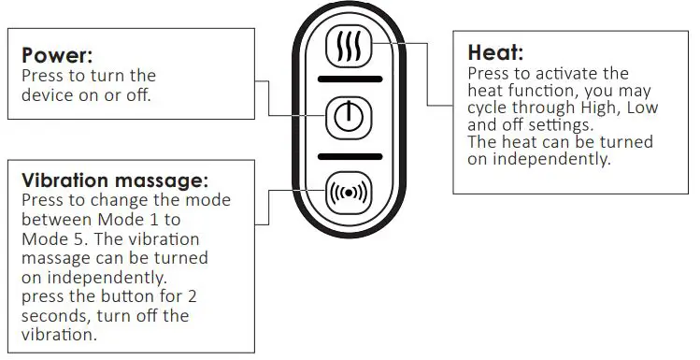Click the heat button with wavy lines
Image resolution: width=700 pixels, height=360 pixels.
pyautogui.click(x=350, y=47)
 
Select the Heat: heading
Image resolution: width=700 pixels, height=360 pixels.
pyautogui.click(x=495, y=53)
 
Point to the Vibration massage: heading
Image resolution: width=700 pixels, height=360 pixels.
pyautogui.click(x=115, y=180)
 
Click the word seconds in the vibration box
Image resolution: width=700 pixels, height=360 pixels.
pyautogui.click(x=51, y=316)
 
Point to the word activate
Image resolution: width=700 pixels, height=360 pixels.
pyautogui.click(x=571, y=74)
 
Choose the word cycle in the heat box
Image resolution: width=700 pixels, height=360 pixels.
pyautogui.click(x=487, y=108)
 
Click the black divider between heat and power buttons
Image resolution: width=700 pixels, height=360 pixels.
pyautogui.click(x=350, y=80)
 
